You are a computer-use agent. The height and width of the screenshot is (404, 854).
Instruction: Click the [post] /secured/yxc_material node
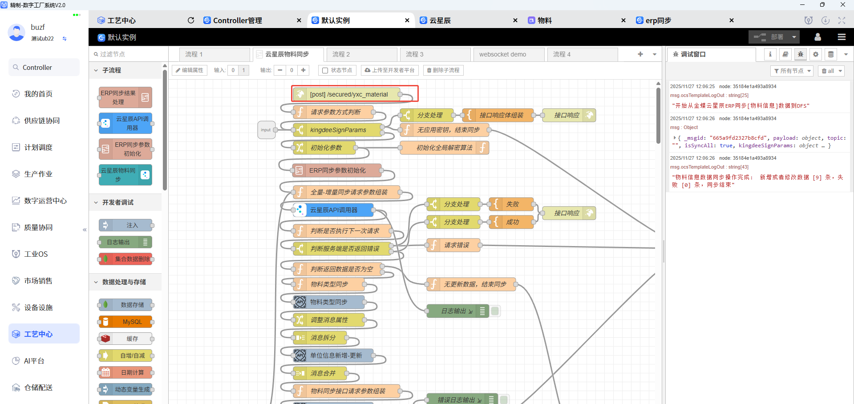[x=348, y=94]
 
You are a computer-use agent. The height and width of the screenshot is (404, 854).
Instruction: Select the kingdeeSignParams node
[x=338, y=130]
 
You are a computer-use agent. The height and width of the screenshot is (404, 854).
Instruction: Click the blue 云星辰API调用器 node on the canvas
[x=334, y=210]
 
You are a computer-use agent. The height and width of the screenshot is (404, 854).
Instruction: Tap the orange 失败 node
[x=512, y=204]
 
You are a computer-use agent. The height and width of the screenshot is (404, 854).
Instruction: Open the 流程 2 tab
[x=341, y=54]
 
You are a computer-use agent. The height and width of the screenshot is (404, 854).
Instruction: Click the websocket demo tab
[x=502, y=54]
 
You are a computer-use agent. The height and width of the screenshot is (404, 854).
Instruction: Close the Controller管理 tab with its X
[x=299, y=20]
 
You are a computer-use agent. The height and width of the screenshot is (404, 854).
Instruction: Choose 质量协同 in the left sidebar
[x=38, y=227]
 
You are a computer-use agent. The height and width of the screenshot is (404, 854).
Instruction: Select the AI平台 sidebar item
[x=34, y=361]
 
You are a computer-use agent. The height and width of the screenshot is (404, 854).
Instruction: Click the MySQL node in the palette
[x=132, y=322]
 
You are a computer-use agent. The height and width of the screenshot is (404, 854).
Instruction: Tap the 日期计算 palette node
[x=132, y=372]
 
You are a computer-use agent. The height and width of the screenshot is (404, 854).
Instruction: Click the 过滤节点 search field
[x=129, y=54]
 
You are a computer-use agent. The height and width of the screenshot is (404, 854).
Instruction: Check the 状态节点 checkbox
[x=325, y=70]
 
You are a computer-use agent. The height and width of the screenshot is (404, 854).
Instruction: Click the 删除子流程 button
[x=443, y=70]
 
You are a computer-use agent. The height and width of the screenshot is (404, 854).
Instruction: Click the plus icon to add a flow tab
[x=640, y=54]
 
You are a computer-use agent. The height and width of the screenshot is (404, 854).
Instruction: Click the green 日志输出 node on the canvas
[x=454, y=311]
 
